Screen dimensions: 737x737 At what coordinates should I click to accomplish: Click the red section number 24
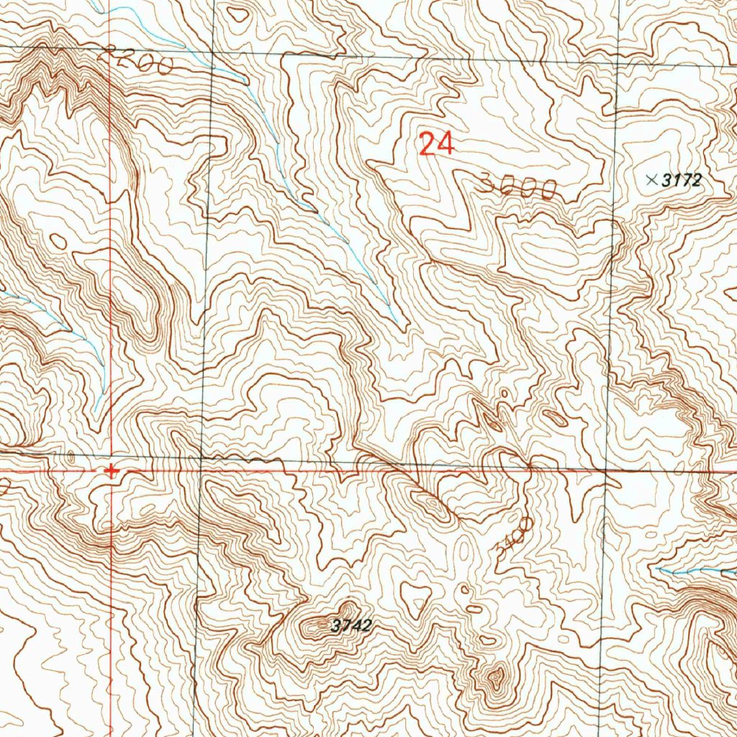coord(436,143)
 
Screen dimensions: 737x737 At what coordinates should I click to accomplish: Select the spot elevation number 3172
coord(682,181)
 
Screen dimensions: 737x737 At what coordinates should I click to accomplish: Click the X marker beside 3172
coord(652,180)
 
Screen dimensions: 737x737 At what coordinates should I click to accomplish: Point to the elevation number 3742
coord(351,626)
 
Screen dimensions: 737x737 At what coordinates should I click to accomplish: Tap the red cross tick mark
coord(111,472)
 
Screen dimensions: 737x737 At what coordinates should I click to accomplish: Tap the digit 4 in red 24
coord(444,143)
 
